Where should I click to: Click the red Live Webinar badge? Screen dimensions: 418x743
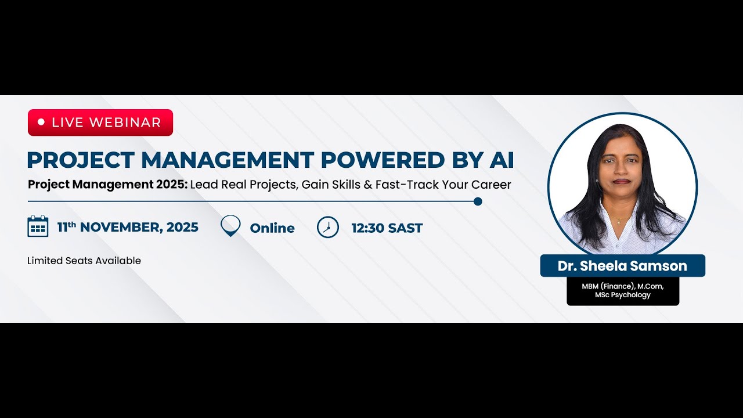click(100, 122)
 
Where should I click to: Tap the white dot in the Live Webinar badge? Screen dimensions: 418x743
click(41, 122)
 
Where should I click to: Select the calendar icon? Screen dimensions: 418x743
click(38, 226)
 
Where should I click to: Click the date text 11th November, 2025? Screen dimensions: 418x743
click(128, 227)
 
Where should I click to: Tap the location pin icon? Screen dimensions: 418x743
click(230, 225)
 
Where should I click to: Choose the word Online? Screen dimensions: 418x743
click(272, 228)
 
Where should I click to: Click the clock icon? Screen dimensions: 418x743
click(328, 227)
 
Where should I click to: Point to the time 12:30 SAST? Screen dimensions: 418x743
click(387, 228)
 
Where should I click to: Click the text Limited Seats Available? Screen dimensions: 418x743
click(84, 261)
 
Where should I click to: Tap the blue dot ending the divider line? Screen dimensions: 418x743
click(478, 201)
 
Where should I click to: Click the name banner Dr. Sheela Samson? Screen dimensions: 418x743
click(622, 266)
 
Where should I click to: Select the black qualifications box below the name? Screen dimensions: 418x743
click(623, 291)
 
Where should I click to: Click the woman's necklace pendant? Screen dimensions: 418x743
click(618, 221)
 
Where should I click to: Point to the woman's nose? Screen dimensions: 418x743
click(621, 171)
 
